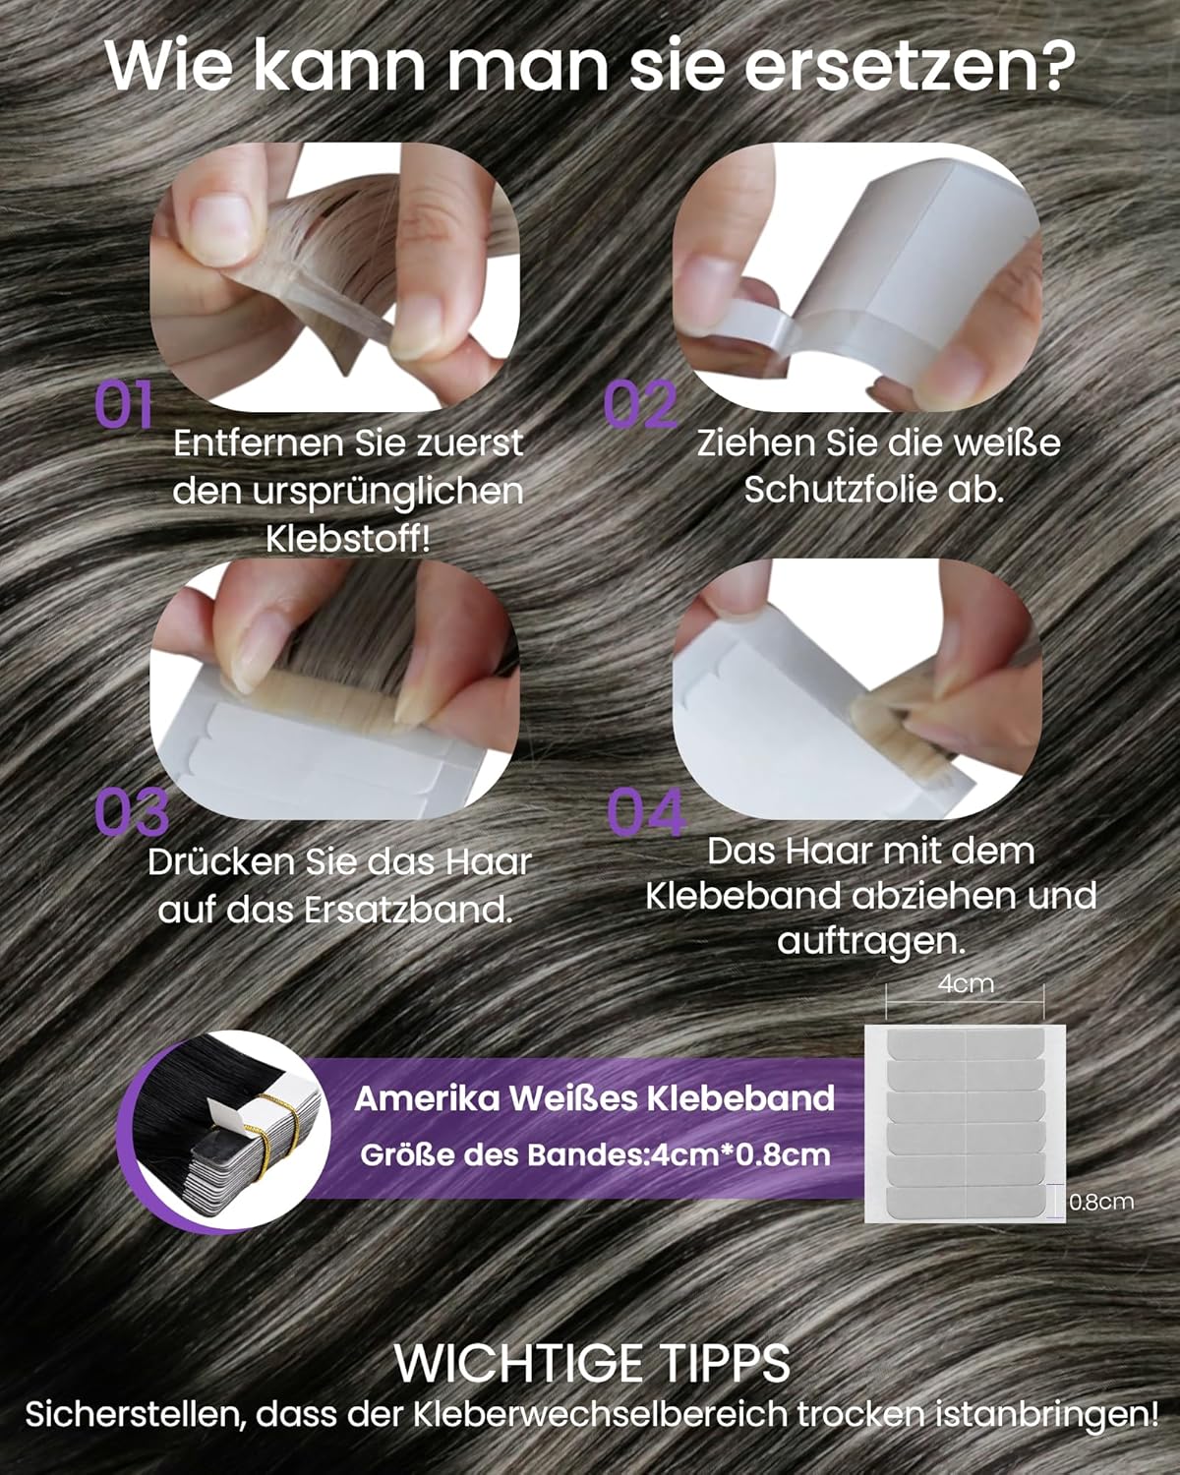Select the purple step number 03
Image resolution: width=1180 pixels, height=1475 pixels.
132,811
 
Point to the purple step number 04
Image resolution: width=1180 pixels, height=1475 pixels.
646,811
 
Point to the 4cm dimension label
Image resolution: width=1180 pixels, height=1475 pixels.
966,984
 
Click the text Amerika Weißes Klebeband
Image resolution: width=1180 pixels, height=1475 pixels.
595,1098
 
